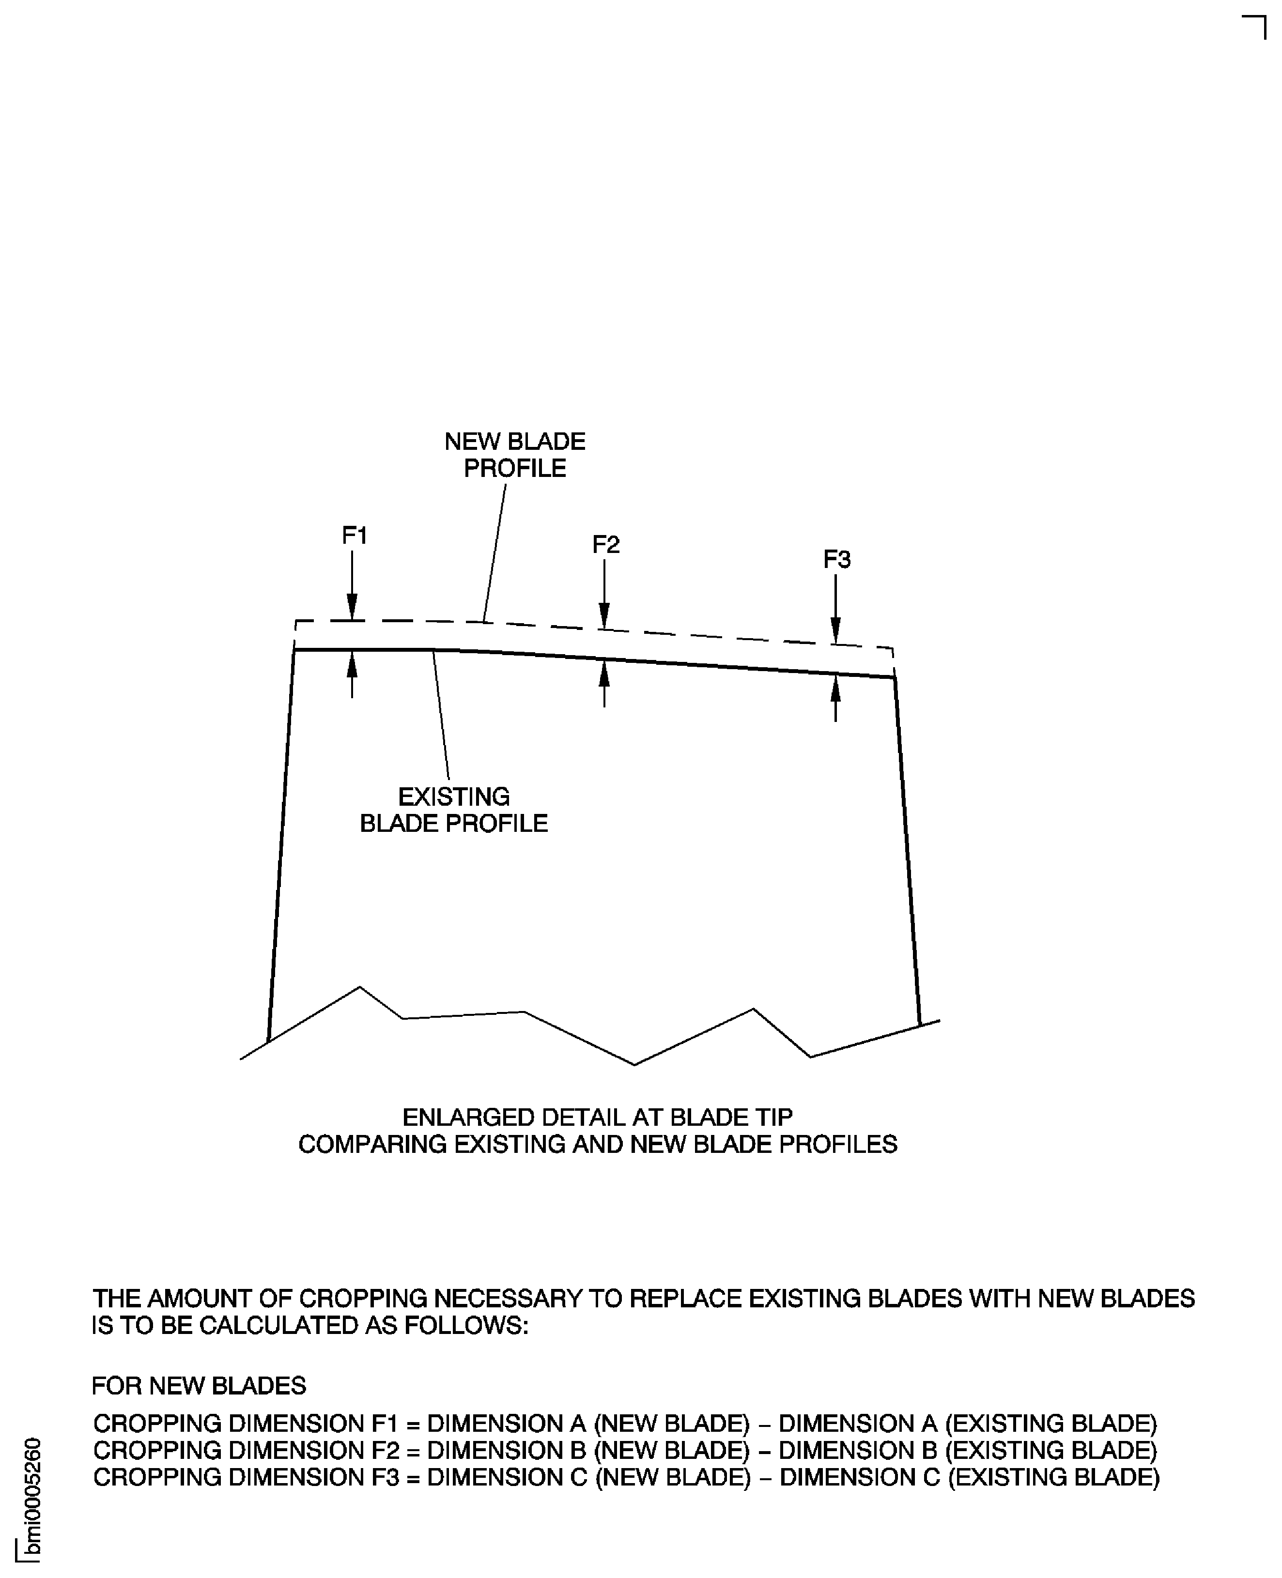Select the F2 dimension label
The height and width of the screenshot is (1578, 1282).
(x=605, y=545)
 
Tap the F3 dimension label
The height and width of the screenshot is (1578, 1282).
(x=837, y=560)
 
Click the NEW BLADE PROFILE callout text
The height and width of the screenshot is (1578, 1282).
(x=515, y=455)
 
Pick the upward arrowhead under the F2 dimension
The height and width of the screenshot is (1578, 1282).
(x=604, y=673)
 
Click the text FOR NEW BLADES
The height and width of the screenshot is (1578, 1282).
(x=199, y=1385)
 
